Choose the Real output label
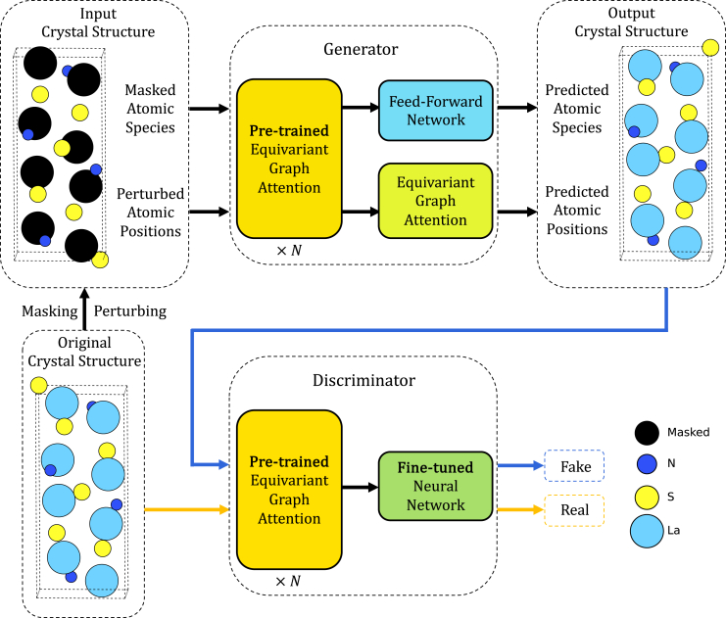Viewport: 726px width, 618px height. click(573, 510)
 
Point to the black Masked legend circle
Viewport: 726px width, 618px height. click(647, 431)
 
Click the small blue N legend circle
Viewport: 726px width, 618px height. click(647, 464)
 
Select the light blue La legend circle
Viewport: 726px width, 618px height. click(647, 532)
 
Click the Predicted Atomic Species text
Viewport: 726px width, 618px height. click(577, 109)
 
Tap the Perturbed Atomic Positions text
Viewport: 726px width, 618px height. click(154, 212)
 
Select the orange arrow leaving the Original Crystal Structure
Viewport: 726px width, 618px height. click(186, 509)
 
